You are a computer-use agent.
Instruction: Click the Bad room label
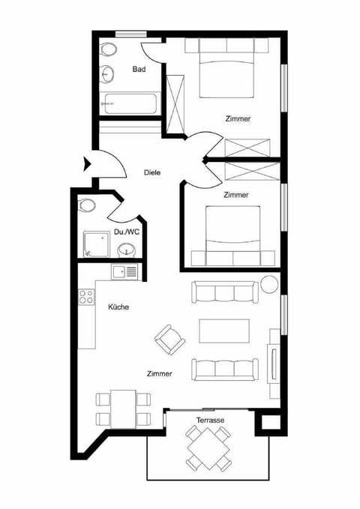139,70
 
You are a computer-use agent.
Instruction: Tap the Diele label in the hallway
151,172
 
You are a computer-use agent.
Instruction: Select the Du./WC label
127,232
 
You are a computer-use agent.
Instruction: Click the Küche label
118,307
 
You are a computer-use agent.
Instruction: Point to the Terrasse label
211,421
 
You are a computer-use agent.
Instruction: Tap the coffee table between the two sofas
219,330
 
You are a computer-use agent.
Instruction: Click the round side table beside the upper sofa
269,285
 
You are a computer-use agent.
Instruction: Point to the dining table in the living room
123,408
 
